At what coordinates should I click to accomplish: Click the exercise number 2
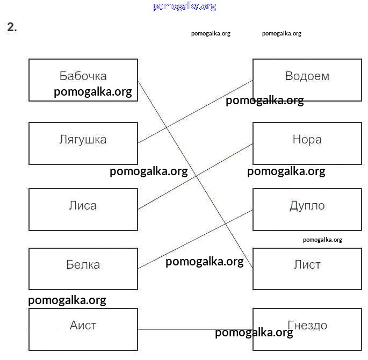click(12, 28)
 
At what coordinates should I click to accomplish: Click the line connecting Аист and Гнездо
click(177, 329)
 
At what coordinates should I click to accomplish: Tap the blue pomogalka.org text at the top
click(184, 6)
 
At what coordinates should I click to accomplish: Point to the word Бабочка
click(83, 76)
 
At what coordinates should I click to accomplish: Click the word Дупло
click(307, 206)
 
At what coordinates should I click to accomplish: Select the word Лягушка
click(83, 140)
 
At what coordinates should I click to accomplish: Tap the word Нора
click(307, 140)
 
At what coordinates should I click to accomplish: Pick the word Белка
click(83, 264)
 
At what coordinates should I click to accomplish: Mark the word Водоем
click(307, 76)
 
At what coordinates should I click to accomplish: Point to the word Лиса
click(83, 206)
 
